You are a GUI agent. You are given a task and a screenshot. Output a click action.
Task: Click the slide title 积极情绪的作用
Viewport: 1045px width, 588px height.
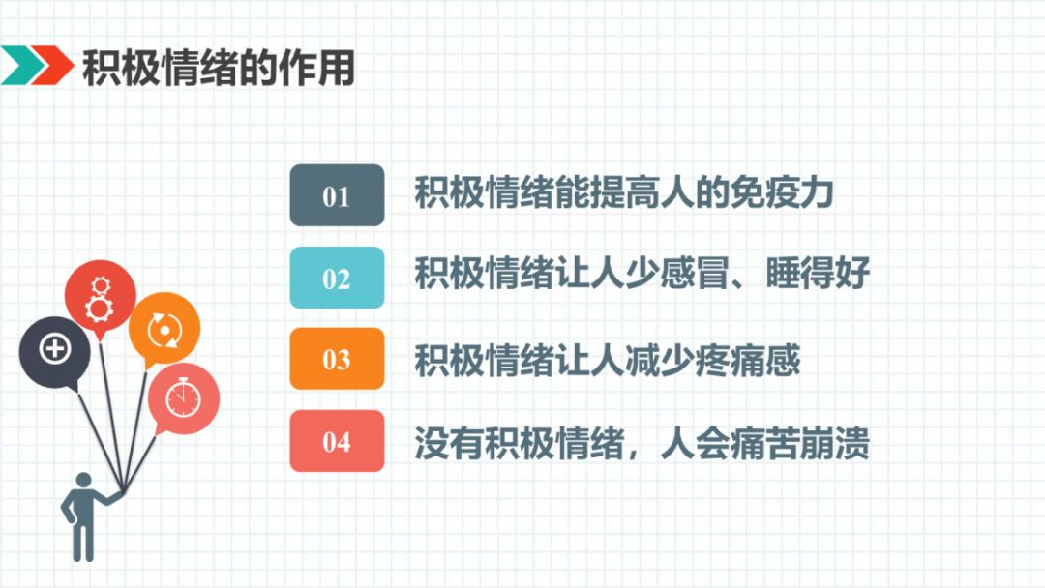[219, 68]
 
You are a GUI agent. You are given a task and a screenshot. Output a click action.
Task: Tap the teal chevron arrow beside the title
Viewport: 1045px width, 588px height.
[22, 65]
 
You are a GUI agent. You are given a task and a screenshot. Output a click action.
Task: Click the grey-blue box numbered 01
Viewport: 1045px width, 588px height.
[337, 195]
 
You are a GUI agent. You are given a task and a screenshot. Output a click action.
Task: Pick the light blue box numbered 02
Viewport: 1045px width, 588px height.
[337, 278]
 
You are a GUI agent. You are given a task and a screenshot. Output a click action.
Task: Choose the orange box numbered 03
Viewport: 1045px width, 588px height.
[337, 359]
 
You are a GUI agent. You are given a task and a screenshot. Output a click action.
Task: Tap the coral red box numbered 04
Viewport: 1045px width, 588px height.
[337, 441]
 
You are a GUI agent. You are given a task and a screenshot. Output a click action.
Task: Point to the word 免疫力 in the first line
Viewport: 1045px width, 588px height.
[782, 192]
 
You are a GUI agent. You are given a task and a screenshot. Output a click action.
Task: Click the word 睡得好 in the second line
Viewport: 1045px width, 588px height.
[818, 273]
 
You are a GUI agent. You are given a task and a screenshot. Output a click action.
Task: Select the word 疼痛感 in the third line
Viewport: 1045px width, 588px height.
[747, 361]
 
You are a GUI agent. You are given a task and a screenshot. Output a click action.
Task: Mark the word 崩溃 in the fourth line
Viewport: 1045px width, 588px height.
[835, 443]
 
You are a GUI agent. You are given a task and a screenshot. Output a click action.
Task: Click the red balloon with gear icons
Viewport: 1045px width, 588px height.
[100, 296]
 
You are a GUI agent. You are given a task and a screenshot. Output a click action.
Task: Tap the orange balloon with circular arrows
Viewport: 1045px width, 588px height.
[164, 328]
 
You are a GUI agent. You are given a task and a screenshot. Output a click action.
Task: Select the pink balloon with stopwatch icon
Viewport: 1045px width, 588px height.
[183, 398]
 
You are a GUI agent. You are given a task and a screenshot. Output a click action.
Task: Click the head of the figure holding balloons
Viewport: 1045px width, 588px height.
[83, 480]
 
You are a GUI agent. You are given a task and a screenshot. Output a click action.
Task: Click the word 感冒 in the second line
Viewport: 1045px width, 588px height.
[695, 273]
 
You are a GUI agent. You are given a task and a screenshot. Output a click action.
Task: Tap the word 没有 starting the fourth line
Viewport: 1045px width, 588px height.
[449, 443]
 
